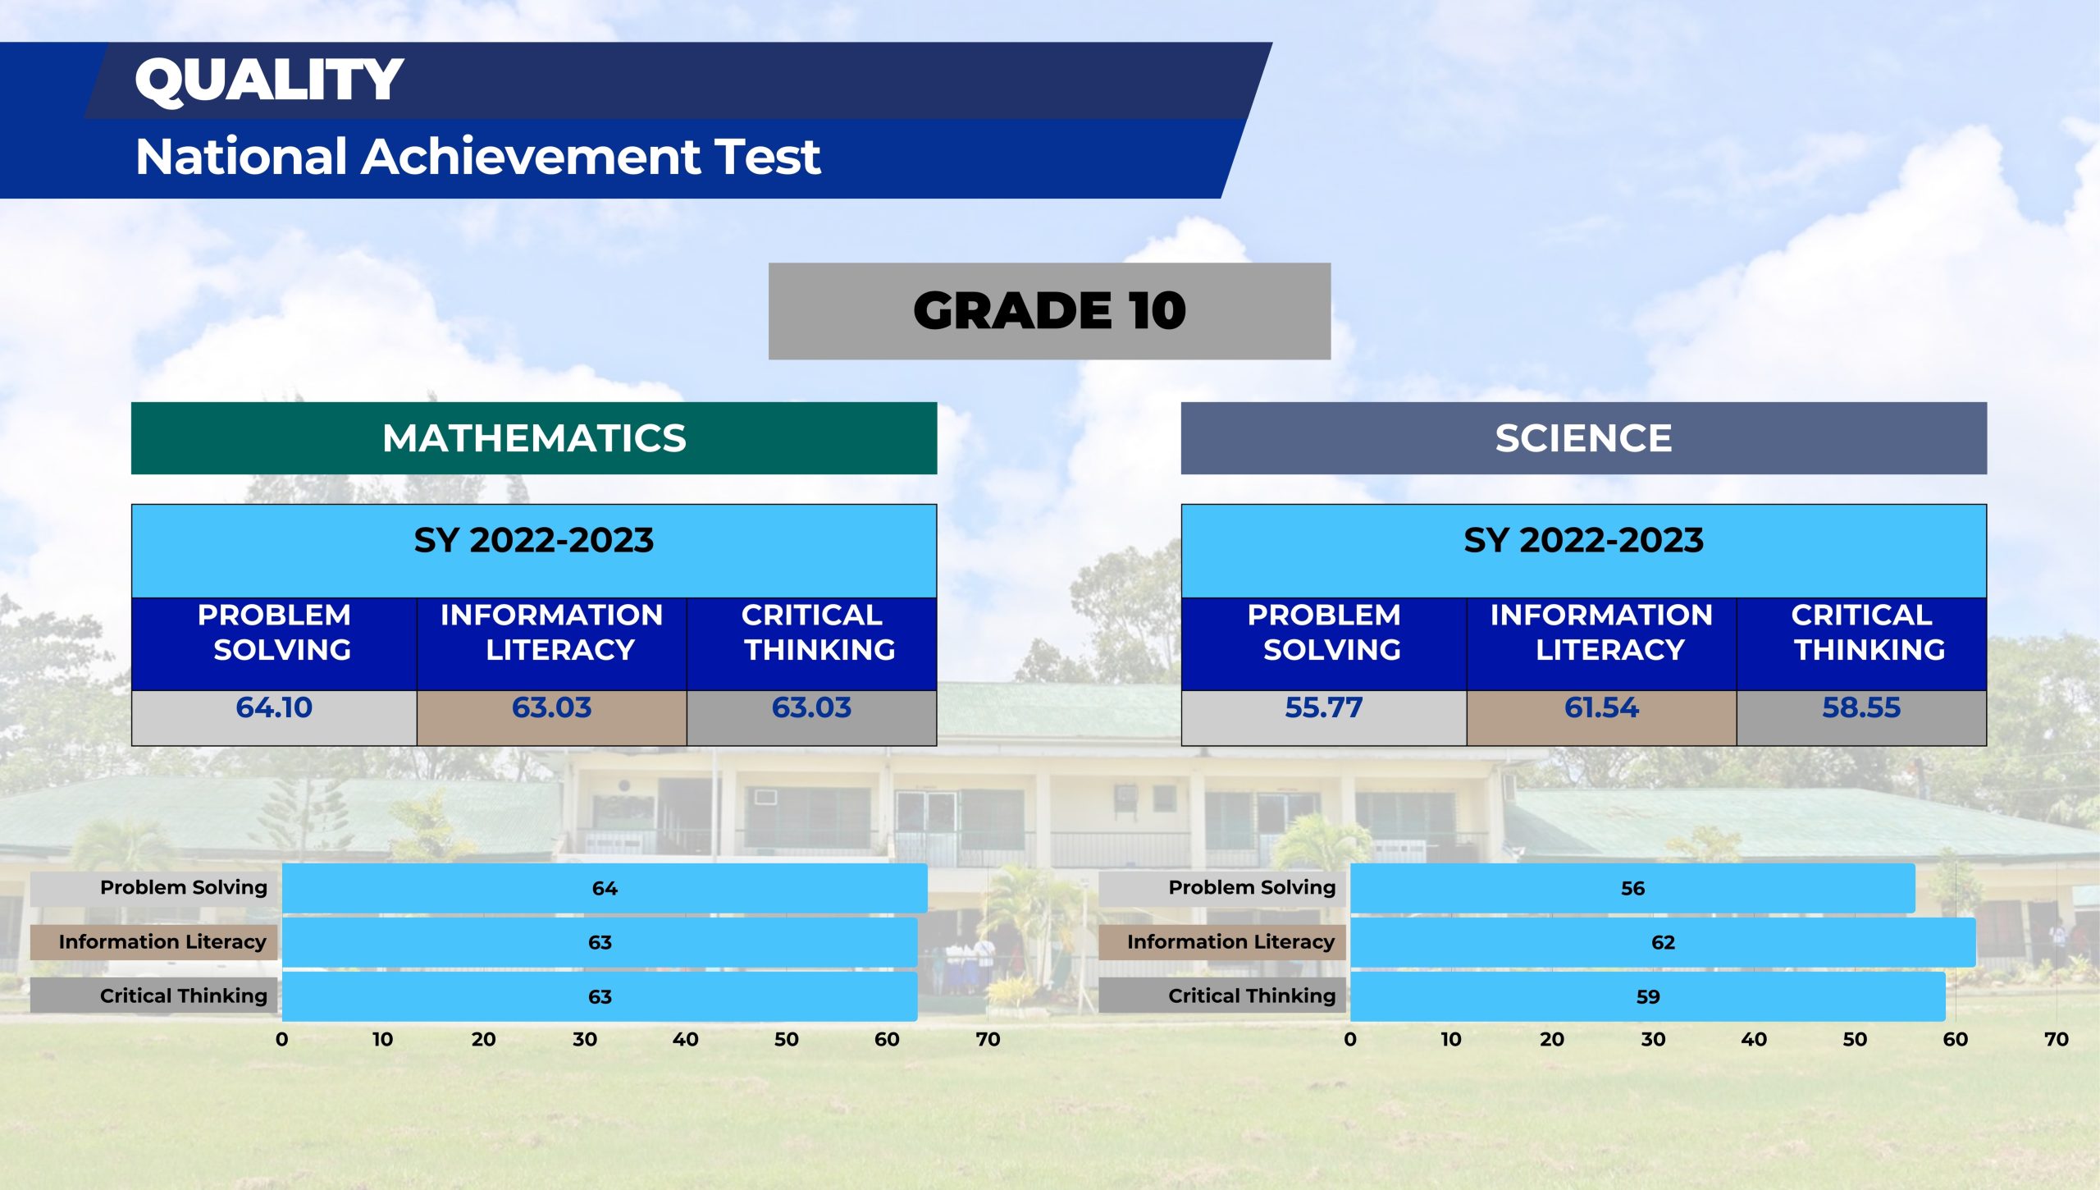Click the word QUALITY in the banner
(269, 80)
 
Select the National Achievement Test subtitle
(477, 156)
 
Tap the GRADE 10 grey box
(1049, 311)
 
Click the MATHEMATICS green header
(534, 438)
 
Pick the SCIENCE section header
(1583, 438)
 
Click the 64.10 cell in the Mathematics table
(274, 717)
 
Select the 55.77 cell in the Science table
(1324, 717)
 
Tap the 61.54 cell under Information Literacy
(1601, 717)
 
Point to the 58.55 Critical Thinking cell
(1861, 717)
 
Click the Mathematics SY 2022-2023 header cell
(534, 551)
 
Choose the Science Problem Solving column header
(1324, 644)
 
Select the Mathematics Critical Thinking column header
(811, 644)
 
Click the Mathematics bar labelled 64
(605, 888)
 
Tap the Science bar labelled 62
(1663, 942)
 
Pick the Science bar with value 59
(1647, 996)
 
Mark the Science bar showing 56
(1632, 888)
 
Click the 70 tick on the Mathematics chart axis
(988, 1039)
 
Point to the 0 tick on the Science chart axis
(1350, 1039)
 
